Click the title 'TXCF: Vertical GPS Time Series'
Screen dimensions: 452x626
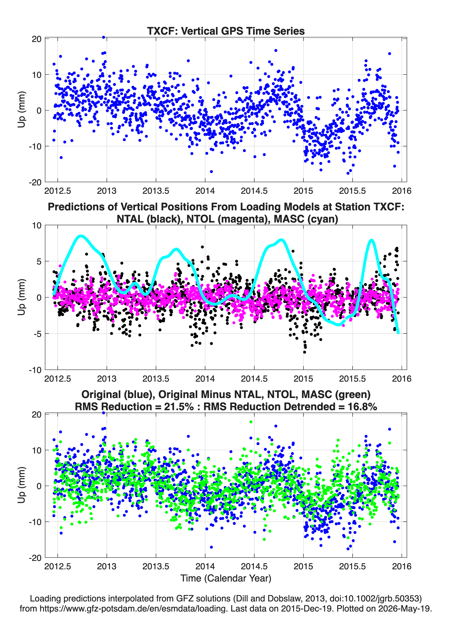(x=226, y=31)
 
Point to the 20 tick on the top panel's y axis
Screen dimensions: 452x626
(x=37, y=39)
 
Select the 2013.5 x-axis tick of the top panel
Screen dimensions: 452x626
(x=156, y=191)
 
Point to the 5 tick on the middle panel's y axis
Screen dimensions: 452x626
(x=39, y=261)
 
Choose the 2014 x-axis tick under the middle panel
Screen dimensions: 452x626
(x=205, y=379)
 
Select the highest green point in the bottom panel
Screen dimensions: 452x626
(x=251, y=422)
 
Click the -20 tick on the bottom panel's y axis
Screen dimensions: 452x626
(x=35, y=558)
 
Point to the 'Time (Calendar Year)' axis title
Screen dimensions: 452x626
(x=226, y=578)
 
